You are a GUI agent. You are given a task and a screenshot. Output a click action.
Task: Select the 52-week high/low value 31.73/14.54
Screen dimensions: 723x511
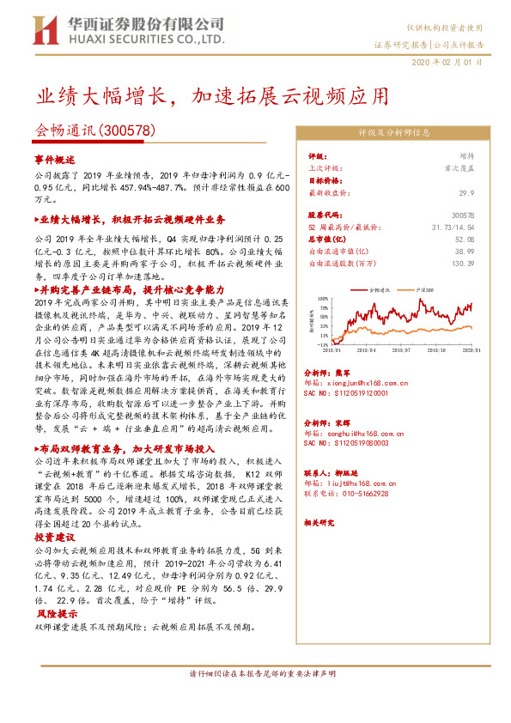(x=452, y=227)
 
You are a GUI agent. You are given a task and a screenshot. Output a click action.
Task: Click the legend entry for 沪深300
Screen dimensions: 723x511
(x=424, y=292)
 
